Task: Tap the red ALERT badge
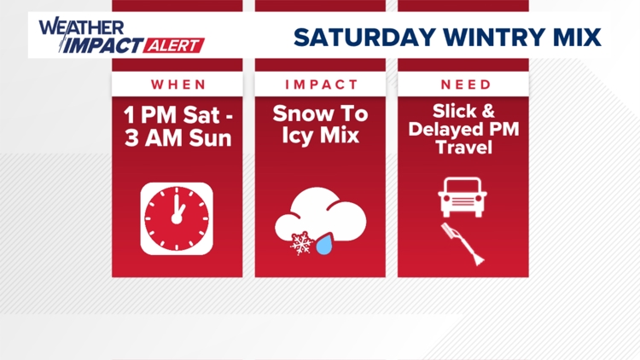[x=177, y=45]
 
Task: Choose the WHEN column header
[x=178, y=84]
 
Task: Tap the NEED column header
[x=465, y=84]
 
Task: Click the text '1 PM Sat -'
[x=178, y=114]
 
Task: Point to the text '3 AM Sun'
[x=178, y=137]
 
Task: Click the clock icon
[x=177, y=218]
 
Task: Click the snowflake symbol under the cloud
[x=301, y=245]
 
